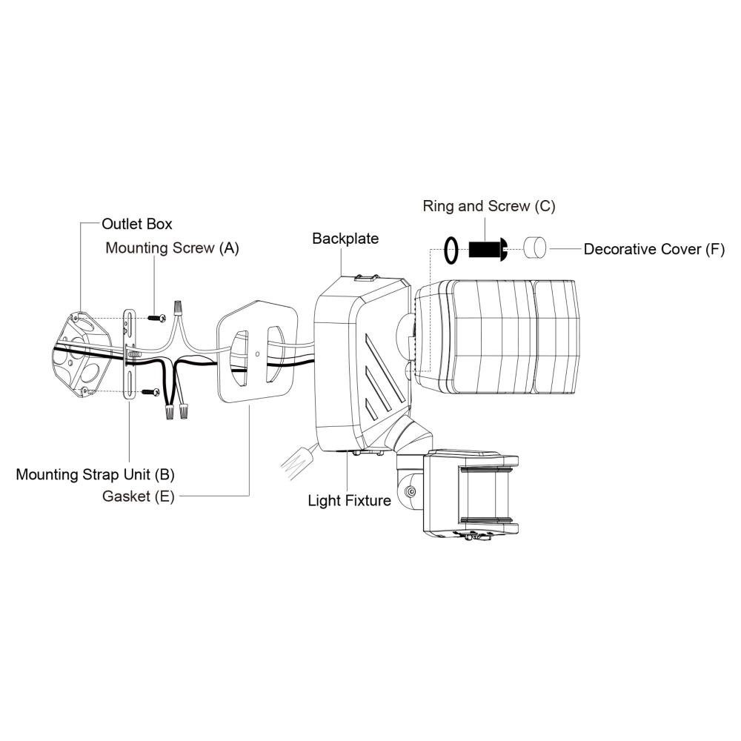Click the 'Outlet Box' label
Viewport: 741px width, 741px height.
point(136,224)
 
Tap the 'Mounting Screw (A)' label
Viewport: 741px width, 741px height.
point(172,248)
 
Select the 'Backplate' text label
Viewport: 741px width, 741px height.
point(345,239)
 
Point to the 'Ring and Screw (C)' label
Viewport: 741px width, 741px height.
point(488,206)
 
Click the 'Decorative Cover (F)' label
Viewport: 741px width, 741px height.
point(654,249)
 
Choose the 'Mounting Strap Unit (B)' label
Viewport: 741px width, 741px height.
point(95,474)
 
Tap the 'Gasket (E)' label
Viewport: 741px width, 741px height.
point(139,496)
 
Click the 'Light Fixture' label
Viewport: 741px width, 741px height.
point(349,500)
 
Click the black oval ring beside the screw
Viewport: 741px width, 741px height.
point(451,250)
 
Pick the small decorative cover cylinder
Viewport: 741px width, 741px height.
point(535,247)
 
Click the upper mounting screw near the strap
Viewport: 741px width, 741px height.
point(157,318)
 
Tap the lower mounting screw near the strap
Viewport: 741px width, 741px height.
point(151,392)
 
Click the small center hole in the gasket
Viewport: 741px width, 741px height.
point(257,353)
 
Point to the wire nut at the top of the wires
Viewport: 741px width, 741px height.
point(178,308)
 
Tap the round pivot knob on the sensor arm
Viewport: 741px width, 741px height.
point(411,491)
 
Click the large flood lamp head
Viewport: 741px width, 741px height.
point(496,336)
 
